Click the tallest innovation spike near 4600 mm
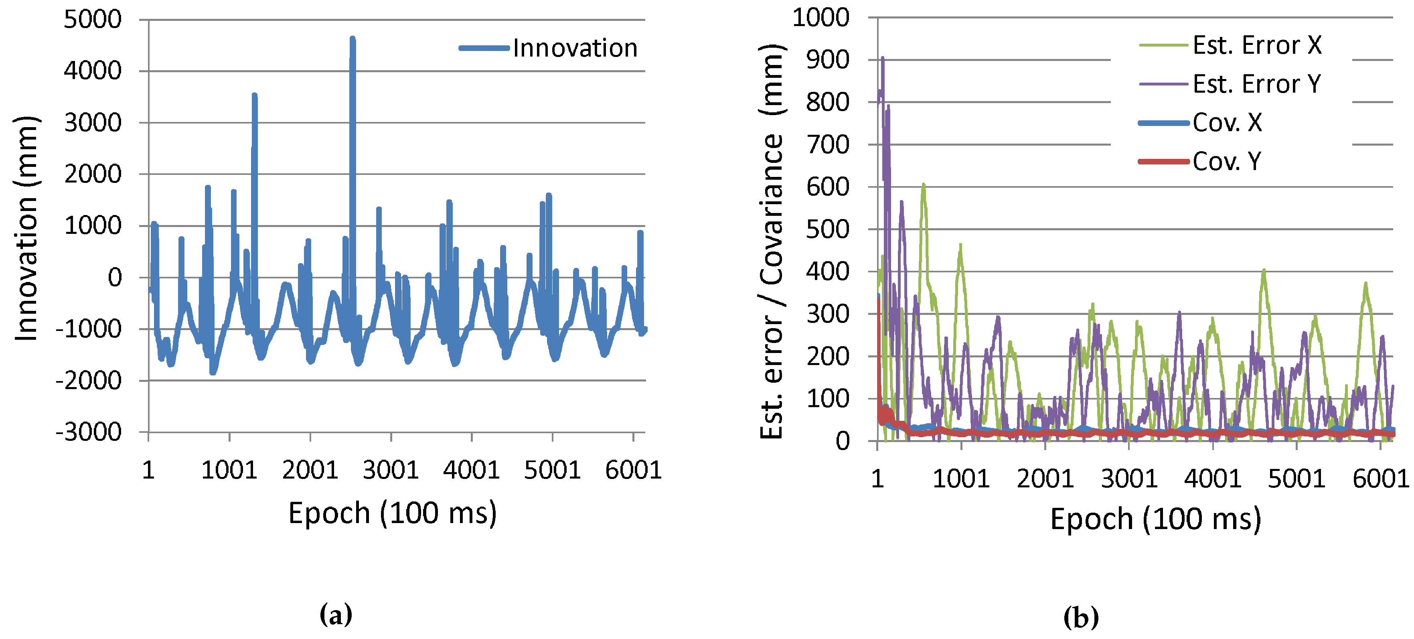coord(352,40)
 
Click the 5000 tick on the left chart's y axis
coord(93,20)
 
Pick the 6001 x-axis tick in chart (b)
coord(1380,479)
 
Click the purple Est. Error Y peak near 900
coord(883,58)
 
